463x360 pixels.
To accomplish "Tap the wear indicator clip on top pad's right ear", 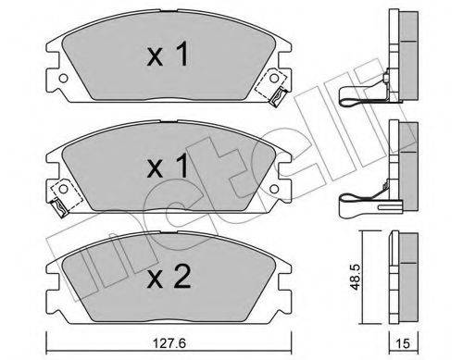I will tap(277, 88).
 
